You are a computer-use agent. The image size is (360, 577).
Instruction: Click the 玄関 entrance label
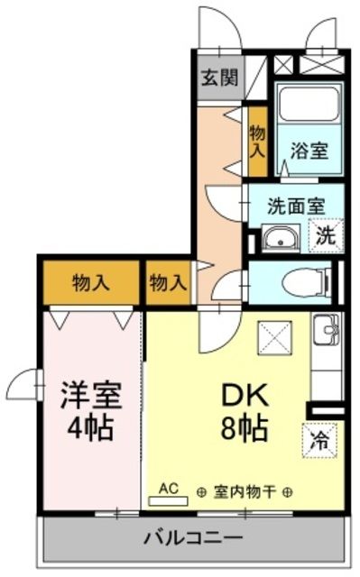click(x=219, y=78)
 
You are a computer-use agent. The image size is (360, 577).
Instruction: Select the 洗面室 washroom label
click(x=295, y=205)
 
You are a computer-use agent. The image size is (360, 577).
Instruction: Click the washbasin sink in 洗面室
click(x=280, y=239)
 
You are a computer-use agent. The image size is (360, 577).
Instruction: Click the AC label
click(x=169, y=488)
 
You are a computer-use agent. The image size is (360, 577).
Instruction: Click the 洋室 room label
click(x=90, y=394)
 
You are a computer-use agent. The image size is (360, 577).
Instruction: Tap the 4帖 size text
click(x=89, y=428)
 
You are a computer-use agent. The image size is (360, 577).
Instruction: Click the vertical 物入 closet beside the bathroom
click(x=256, y=139)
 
